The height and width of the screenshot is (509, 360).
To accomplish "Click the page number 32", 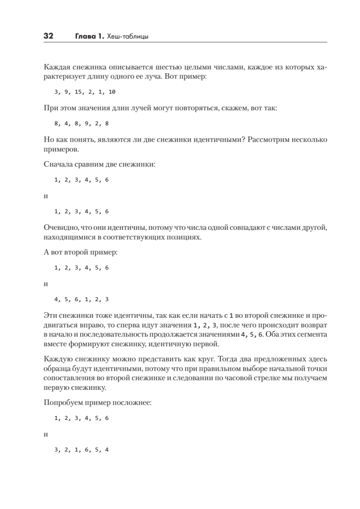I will tap(47, 37).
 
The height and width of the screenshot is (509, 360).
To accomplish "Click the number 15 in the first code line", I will tap(78, 92).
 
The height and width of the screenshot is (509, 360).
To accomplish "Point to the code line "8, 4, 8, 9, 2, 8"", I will tap(81, 124).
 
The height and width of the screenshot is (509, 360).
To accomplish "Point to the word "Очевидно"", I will tap(59, 228).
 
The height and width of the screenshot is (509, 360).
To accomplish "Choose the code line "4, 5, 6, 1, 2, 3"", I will tap(81, 299).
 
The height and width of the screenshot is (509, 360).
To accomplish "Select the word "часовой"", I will tap(264, 378).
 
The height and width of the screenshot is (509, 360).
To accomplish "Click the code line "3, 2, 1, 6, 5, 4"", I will tap(81, 450).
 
